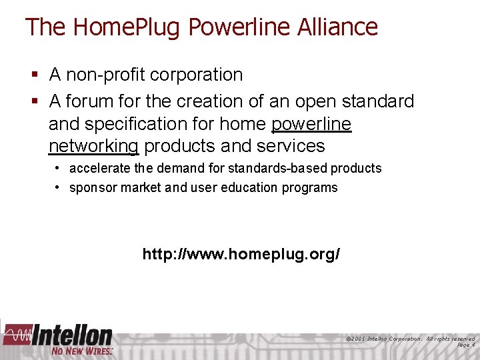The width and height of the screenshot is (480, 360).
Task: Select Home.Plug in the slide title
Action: coord(127,27)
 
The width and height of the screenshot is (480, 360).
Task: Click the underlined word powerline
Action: coord(311,124)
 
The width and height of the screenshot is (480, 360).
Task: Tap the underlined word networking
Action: coord(93,146)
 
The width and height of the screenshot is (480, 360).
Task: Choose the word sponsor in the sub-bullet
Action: coord(92,187)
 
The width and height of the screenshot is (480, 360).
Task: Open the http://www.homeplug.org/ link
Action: coord(241,254)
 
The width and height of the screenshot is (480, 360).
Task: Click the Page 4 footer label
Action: coord(465,345)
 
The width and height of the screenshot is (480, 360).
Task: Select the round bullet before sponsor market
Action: coord(59,187)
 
